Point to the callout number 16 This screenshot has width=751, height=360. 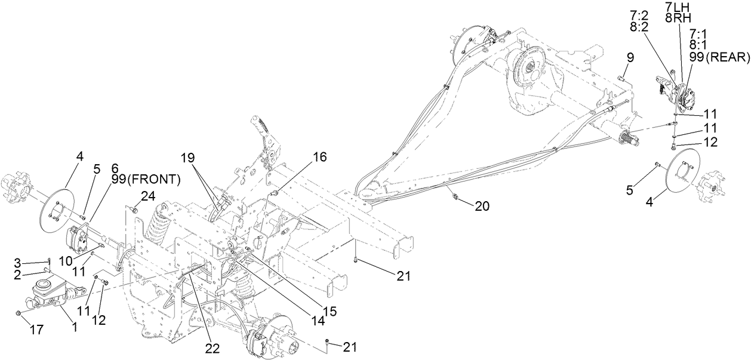tap(320, 157)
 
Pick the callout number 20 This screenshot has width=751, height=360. tap(481, 205)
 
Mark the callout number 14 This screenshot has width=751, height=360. tap(318, 320)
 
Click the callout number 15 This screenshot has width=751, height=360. tap(330, 310)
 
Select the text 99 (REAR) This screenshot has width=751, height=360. tap(710, 57)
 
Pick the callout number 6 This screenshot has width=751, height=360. tap(115, 168)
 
